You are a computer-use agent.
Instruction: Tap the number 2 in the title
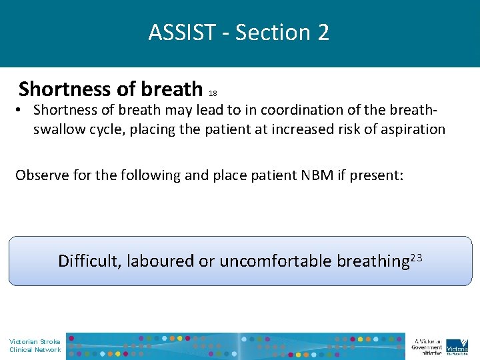click(x=323, y=32)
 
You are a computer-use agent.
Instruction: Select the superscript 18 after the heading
click(x=213, y=93)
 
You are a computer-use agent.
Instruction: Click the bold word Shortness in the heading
click(x=65, y=89)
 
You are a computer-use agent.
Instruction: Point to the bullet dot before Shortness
click(x=22, y=110)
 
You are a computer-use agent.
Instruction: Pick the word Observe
click(x=41, y=175)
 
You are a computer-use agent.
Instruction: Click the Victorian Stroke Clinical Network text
click(x=35, y=345)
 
